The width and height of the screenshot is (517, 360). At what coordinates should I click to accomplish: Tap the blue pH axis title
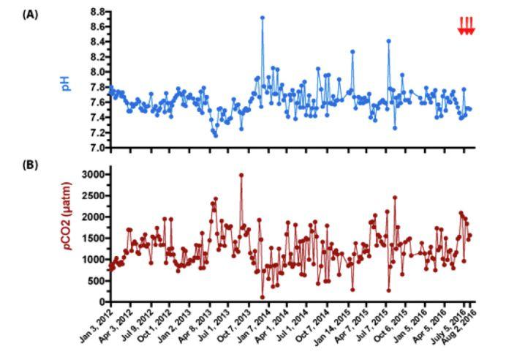tap(66, 81)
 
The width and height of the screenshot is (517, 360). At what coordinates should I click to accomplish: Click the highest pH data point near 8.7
tap(262, 18)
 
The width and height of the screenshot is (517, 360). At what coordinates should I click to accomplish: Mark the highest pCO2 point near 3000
tap(241, 176)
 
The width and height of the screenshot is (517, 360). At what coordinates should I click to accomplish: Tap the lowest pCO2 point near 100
tap(262, 297)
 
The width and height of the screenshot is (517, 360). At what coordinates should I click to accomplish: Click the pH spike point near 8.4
tap(388, 41)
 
